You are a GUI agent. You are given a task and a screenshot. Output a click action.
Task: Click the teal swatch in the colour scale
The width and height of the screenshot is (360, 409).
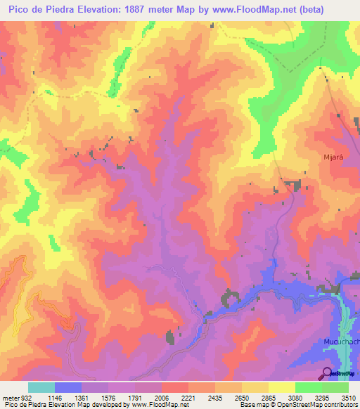click(41, 387)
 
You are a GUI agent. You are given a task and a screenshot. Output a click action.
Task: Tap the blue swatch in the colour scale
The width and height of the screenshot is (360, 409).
click(68, 387)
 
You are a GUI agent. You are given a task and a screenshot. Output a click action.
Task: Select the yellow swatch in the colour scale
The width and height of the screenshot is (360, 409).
click(282, 387)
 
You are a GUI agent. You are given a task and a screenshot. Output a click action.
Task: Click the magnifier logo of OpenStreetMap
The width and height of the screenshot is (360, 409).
click(328, 372)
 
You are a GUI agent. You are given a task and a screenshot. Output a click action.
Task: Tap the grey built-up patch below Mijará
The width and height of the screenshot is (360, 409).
click(292, 185)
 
